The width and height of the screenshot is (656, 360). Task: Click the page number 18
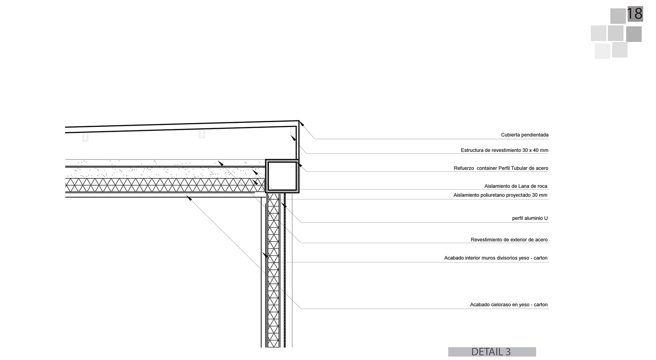(x=635, y=14)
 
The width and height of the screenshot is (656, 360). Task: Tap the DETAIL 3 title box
(x=492, y=352)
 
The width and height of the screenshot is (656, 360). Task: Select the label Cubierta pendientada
(x=524, y=135)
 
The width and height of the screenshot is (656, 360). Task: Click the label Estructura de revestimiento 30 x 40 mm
(x=504, y=150)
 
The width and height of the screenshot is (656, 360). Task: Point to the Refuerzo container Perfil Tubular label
(x=501, y=168)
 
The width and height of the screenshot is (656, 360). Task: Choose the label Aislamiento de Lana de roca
(x=516, y=186)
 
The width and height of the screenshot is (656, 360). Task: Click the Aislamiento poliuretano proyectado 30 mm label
(x=500, y=195)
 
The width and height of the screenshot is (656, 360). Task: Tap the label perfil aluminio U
(x=530, y=218)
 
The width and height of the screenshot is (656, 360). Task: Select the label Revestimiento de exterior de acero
(x=509, y=240)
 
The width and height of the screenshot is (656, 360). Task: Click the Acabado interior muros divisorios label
(x=495, y=258)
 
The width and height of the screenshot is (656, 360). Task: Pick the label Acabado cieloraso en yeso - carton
(x=508, y=305)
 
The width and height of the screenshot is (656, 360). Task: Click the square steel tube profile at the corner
(x=282, y=176)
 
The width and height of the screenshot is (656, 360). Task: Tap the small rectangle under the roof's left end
(x=85, y=137)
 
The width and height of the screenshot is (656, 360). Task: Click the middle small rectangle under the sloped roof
(x=202, y=134)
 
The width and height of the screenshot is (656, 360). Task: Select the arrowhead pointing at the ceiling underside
(x=189, y=198)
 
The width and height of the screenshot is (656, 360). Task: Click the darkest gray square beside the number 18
(x=634, y=34)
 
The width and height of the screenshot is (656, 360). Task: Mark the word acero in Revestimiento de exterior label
(x=541, y=240)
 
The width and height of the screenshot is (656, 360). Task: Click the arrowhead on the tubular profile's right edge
(x=300, y=165)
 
